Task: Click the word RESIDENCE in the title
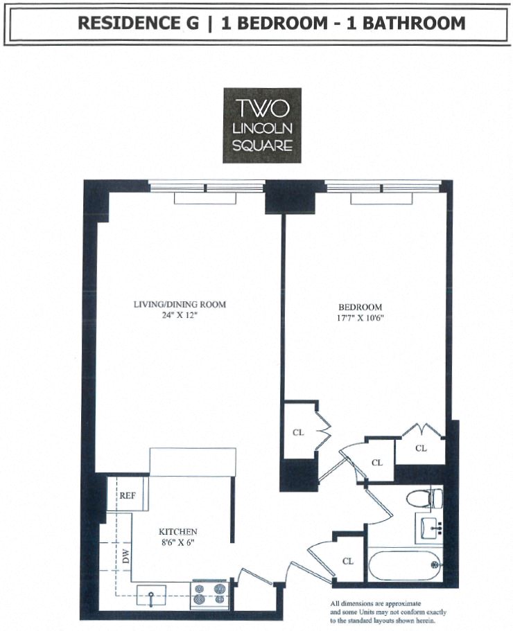pyautogui.click(x=130, y=23)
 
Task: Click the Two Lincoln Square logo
pyautogui.click(x=262, y=125)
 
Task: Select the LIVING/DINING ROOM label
pyautogui.click(x=180, y=304)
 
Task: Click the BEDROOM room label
pyautogui.click(x=360, y=307)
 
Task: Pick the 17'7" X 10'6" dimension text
pyautogui.click(x=360, y=318)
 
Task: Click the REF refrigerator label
pyautogui.click(x=127, y=495)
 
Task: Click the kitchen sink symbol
pyautogui.click(x=151, y=594)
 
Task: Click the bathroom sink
pyautogui.click(x=430, y=529)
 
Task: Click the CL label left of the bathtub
pyautogui.click(x=348, y=561)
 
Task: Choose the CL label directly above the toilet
pyautogui.click(x=421, y=448)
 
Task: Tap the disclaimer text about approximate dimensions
pyautogui.click(x=388, y=612)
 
